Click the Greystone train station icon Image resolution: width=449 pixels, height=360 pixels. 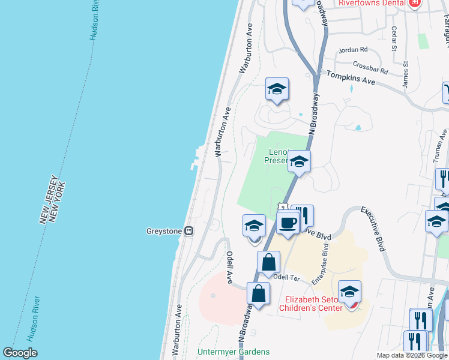(x=188, y=230)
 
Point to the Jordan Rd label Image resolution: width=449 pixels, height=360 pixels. (x=353, y=50)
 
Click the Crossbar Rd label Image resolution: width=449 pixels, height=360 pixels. (x=370, y=68)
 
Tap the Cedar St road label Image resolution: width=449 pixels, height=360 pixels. (x=394, y=38)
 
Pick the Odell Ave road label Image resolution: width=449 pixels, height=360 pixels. (x=229, y=267)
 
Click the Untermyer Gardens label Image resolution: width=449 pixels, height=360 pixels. (x=234, y=352)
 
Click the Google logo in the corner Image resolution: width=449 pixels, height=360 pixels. (x=20, y=352)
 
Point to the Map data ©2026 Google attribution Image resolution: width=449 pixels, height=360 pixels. (x=411, y=355)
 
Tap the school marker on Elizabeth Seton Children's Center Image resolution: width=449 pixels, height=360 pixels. (x=349, y=293)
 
